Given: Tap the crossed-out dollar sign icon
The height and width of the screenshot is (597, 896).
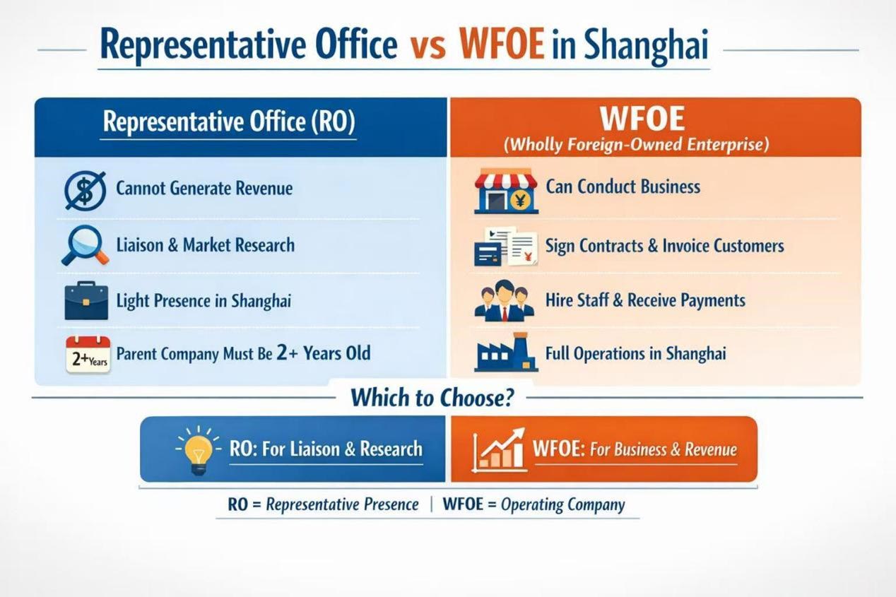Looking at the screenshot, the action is (86, 190).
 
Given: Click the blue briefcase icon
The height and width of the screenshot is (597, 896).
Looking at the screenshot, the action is (86, 301).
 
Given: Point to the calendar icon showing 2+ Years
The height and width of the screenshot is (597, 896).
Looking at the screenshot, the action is (88, 354).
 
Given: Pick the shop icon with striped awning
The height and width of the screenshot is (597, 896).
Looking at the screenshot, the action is (506, 191).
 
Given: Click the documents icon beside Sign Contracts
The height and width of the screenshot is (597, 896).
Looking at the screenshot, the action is (506, 247).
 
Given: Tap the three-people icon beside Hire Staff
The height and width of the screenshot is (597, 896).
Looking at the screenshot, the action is (504, 301).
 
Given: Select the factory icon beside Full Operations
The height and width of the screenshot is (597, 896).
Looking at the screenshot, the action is (506, 353).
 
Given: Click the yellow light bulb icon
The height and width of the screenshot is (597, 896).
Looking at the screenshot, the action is (199, 449).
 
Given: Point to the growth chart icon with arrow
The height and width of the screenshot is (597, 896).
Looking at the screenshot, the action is (499, 449).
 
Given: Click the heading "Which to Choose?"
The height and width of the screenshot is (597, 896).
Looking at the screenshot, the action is (432, 398).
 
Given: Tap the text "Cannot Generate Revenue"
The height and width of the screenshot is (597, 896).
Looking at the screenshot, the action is (204, 188).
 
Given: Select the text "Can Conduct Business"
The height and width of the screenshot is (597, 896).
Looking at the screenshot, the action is (623, 187).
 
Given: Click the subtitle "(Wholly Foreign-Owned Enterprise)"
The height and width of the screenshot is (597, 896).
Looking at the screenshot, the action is (637, 144).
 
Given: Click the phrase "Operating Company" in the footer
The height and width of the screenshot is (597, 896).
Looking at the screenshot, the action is (562, 504).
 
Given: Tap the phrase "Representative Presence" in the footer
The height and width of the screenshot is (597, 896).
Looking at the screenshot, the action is (343, 504).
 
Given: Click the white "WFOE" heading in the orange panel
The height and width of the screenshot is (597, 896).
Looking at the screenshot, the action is (642, 119).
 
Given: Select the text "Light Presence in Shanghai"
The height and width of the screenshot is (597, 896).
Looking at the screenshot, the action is (204, 301).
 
